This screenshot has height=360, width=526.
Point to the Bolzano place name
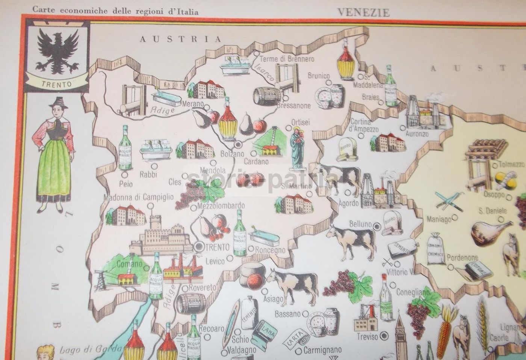click(x=232, y=154)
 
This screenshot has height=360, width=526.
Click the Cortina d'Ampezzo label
click(x=361, y=125)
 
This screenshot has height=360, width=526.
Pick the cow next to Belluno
click(x=351, y=241)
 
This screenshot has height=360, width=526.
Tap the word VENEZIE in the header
click(x=363, y=12)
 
